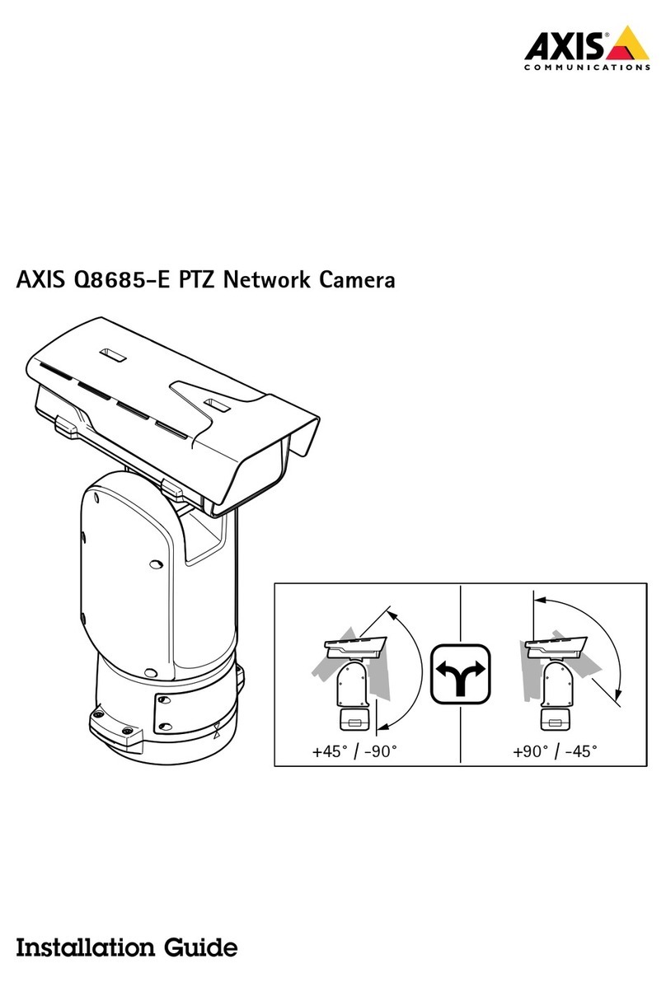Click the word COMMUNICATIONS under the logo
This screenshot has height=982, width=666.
click(586, 69)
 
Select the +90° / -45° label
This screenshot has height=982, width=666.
click(554, 751)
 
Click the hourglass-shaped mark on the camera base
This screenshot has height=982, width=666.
click(217, 729)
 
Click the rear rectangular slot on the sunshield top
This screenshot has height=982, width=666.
click(110, 357)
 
